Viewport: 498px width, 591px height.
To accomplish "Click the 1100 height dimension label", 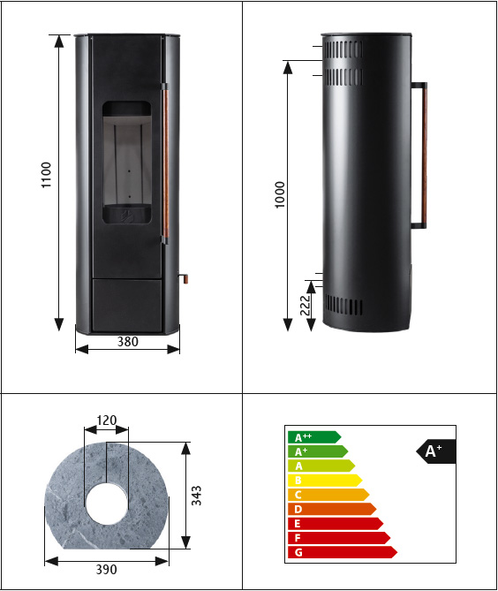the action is point(46,175).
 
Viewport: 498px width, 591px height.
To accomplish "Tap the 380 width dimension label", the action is point(128,342).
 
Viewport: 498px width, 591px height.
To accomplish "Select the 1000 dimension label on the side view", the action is point(280,194).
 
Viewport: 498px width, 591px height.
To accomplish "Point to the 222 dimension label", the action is point(306,306).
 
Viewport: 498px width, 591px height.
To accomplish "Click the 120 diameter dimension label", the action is point(107,421).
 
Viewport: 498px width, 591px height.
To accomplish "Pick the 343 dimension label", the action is point(196,496).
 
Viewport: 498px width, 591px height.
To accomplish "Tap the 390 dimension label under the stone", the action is point(106,569).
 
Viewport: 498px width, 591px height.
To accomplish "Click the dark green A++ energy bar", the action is point(314,437).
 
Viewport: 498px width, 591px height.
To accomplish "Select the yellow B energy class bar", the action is point(325,481).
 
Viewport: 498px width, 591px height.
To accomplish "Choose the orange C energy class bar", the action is point(328,495).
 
